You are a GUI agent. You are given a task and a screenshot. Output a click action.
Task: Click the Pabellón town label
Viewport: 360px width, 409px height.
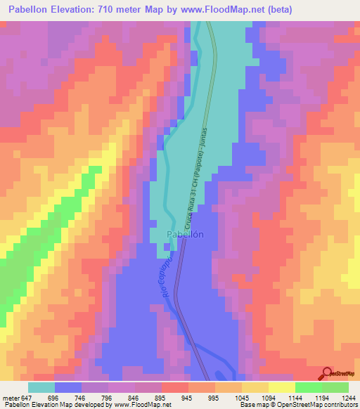(185, 235)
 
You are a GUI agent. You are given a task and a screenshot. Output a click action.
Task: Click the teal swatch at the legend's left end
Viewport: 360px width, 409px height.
(41, 387)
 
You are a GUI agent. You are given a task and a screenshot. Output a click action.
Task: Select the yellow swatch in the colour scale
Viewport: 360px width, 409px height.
(281, 387)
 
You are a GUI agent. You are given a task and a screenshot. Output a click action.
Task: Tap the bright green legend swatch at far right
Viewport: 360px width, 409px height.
(335, 387)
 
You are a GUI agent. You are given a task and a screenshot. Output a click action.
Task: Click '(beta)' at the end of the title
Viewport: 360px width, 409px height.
(276, 9)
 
